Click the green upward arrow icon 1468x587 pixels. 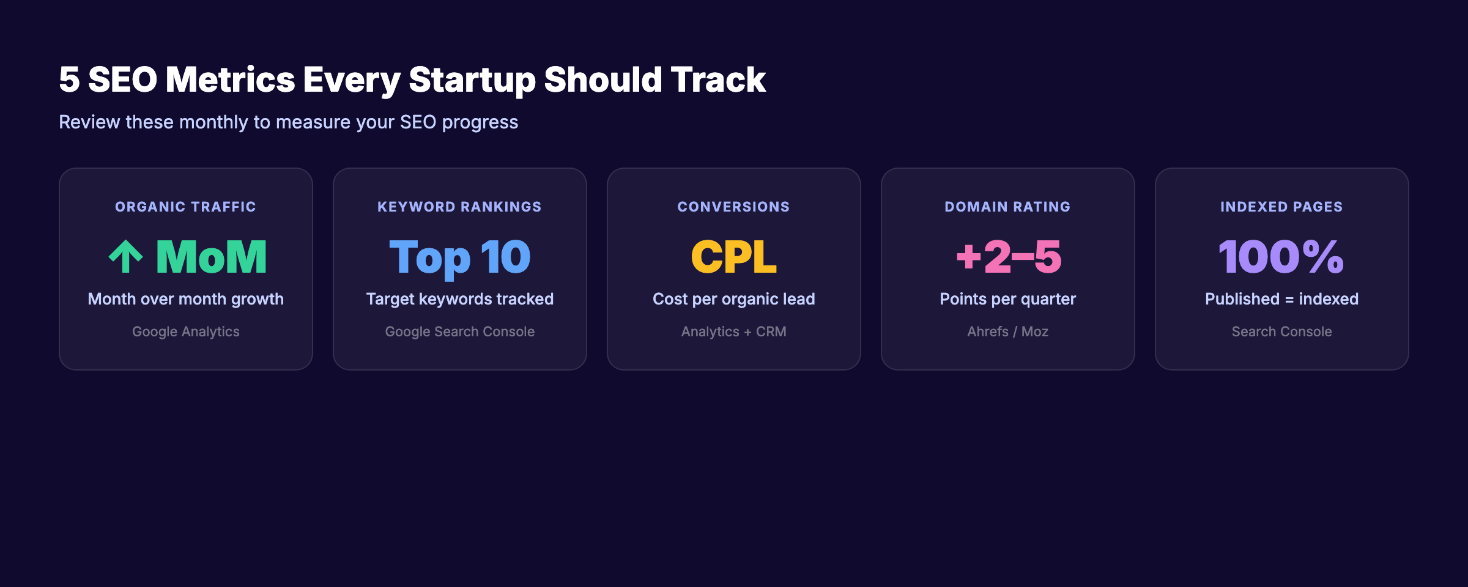[x=126, y=257]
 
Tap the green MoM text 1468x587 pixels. [x=212, y=257]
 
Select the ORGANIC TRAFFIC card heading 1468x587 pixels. [x=185, y=207]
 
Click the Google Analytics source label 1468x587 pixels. [x=185, y=331]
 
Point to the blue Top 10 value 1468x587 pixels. [x=459, y=257]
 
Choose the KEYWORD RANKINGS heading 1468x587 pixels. [x=459, y=207]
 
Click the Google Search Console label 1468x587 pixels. [x=459, y=331]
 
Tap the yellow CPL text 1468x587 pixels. [x=733, y=257]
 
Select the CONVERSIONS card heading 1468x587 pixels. [x=733, y=207]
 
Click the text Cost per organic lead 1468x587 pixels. [x=733, y=299]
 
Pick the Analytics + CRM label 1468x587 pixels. [x=733, y=331]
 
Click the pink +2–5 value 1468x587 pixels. [x=1008, y=257]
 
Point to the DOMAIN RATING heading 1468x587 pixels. [x=1007, y=207]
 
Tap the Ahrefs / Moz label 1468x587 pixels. [x=1007, y=331]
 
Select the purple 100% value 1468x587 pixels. [x=1281, y=257]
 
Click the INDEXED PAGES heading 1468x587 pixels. [x=1281, y=207]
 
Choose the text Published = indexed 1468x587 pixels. [x=1281, y=299]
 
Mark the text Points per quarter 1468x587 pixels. [x=1007, y=299]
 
